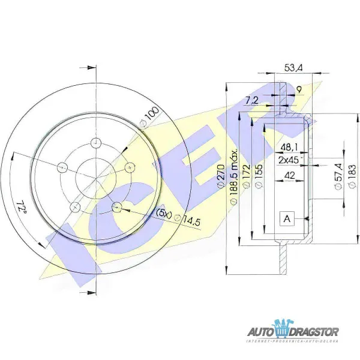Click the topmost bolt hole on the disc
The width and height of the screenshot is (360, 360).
coord(95,143)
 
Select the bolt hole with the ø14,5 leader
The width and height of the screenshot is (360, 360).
coord(118,208)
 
